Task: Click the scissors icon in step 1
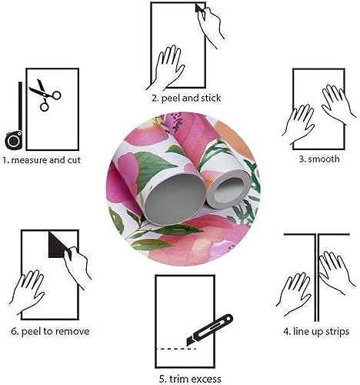(x=45, y=95)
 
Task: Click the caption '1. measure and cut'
(x=41, y=160)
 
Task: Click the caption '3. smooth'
(x=318, y=159)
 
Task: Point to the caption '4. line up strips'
(x=315, y=331)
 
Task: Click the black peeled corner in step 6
(x=57, y=246)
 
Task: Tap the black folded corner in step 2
(x=202, y=8)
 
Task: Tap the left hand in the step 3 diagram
(x=300, y=123)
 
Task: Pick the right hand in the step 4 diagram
(x=335, y=269)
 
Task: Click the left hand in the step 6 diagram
(x=29, y=290)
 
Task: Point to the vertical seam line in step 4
(x=316, y=277)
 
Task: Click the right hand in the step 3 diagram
(x=336, y=104)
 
